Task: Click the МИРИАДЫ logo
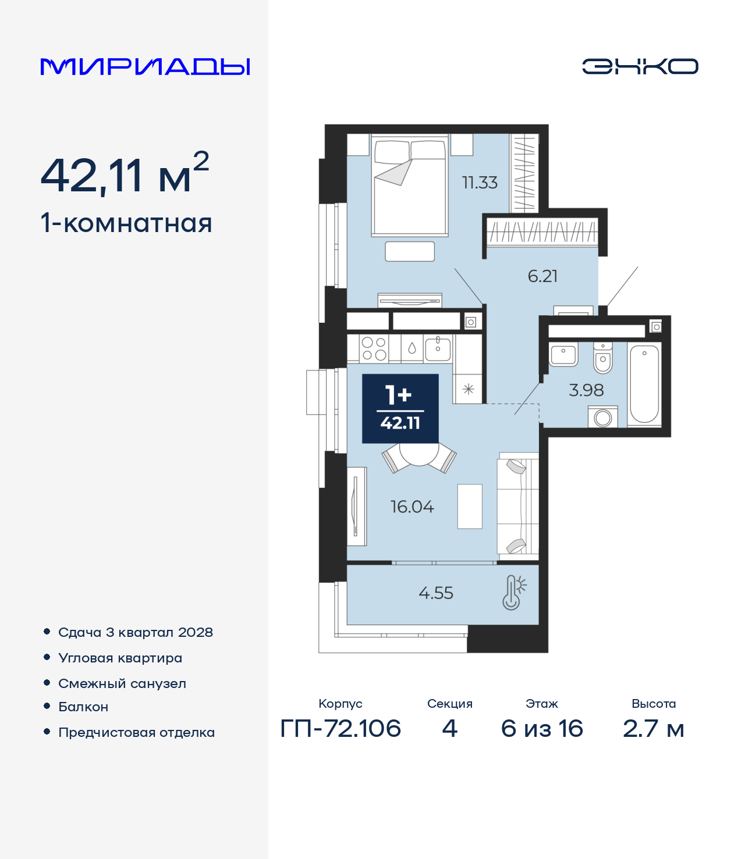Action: coord(145,66)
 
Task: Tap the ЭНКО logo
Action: coord(640,66)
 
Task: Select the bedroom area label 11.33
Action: coord(480,183)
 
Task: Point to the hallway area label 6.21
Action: coord(542,276)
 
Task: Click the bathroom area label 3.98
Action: coord(586,390)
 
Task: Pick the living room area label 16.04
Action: coord(412,507)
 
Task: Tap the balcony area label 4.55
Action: coord(435,593)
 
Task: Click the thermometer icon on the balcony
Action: coord(514,593)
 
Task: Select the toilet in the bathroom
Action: coord(603,358)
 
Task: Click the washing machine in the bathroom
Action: coord(602,417)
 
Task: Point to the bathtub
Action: coord(644,384)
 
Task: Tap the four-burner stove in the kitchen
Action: coord(374,349)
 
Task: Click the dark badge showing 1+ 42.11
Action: coord(400,408)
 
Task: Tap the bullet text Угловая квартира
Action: coord(120,659)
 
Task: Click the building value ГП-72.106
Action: coord(340,729)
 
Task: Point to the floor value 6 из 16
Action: coord(542,729)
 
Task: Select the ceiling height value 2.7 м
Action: coord(653,729)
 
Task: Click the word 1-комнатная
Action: coord(126,223)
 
